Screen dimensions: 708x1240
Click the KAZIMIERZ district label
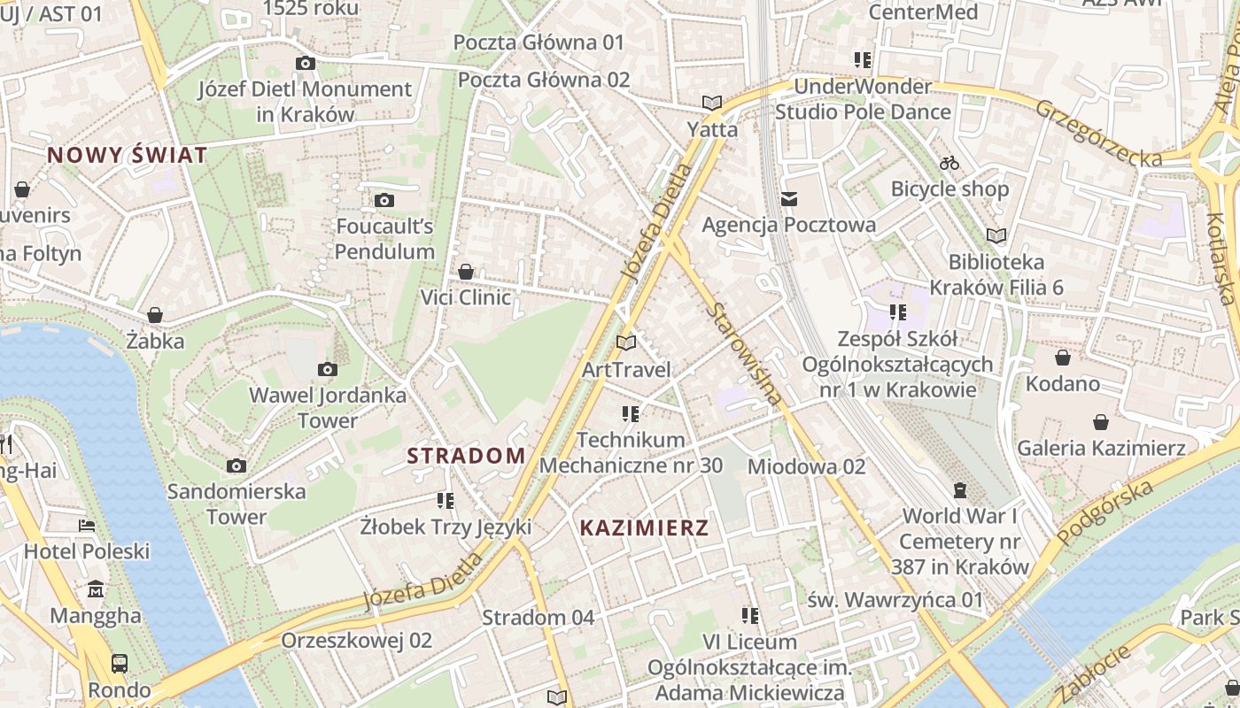644,528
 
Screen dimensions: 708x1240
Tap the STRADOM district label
466,456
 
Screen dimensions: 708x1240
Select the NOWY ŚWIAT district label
128,155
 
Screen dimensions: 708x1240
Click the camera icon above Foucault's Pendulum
384,200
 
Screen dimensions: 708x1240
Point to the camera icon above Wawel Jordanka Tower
327,369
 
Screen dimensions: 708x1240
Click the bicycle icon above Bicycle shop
949,163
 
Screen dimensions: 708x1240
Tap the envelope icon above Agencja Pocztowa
788,198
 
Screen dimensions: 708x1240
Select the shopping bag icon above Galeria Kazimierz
1100,422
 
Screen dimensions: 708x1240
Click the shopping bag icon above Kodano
1062,358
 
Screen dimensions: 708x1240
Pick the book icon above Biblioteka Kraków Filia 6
996,235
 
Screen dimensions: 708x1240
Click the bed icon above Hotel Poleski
86,526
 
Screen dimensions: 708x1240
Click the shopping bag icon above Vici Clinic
466,272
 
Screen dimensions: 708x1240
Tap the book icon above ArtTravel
626,342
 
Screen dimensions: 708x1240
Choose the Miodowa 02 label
806,466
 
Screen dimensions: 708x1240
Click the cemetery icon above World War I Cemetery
960,489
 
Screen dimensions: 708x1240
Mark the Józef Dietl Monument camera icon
305,63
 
